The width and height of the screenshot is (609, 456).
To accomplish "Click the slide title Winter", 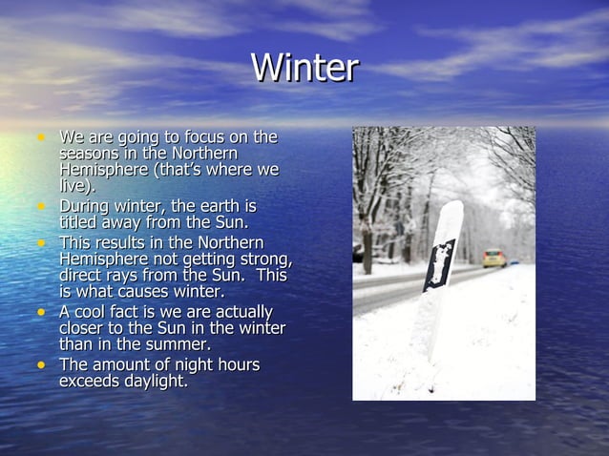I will click(x=304, y=68).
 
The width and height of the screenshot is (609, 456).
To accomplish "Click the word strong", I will click(x=264, y=259).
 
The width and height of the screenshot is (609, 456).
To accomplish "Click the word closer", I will click(x=84, y=328).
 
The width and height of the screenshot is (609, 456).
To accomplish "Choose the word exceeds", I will click(x=92, y=382).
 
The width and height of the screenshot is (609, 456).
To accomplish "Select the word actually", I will click(x=239, y=313).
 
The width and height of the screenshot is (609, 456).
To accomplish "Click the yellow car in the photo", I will click(x=493, y=258).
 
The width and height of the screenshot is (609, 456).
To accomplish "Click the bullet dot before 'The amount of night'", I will click(x=41, y=364).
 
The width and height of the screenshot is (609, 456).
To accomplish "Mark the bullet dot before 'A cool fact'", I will click(x=41, y=312).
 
